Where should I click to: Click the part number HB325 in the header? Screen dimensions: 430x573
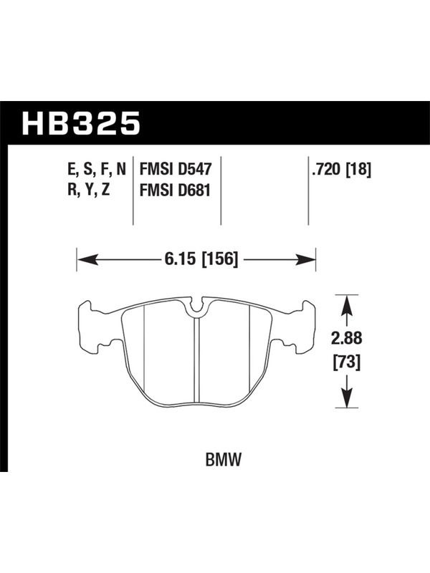click(81, 123)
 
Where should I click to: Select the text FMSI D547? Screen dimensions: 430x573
click(176, 170)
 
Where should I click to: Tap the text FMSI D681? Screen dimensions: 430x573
click(175, 191)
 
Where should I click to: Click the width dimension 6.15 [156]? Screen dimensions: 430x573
click(201, 259)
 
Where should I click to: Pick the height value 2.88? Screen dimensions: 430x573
click(346, 339)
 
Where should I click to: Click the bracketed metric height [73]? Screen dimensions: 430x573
click(346, 362)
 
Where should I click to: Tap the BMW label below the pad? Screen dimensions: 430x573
click(224, 460)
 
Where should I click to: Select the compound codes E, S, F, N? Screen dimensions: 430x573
click(97, 170)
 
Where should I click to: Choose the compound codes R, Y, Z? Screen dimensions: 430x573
click(88, 191)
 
